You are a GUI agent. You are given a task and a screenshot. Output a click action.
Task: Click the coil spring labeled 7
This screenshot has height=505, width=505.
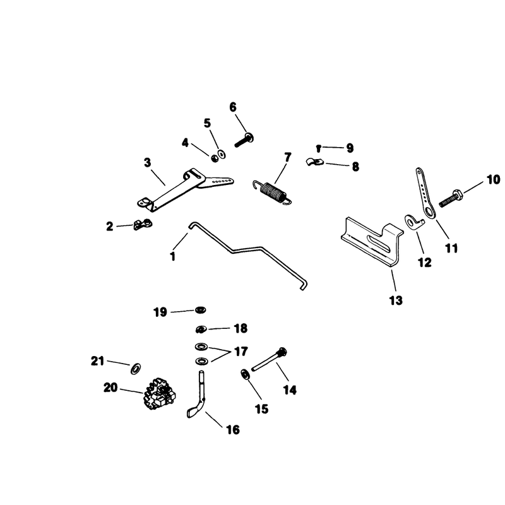point(273,192)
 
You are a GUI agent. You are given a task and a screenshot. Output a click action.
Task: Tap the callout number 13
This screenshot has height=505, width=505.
point(396,300)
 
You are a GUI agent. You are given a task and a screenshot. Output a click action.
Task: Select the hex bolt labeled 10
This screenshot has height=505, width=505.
point(451,198)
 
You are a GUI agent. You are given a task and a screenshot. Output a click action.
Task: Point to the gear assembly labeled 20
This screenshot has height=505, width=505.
point(158,393)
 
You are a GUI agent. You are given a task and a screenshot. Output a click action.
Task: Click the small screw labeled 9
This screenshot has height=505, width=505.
point(319,148)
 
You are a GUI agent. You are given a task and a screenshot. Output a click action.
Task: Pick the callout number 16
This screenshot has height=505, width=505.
point(233,430)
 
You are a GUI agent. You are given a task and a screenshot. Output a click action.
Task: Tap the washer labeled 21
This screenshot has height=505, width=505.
point(136,369)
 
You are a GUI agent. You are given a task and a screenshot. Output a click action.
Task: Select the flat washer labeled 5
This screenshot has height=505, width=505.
point(222,154)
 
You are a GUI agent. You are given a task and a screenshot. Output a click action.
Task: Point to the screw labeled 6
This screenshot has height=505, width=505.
point(244,140)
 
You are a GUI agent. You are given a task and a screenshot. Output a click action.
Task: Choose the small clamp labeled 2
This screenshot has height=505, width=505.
point(143,224)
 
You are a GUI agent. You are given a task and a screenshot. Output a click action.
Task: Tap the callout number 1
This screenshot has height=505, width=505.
point(172,257)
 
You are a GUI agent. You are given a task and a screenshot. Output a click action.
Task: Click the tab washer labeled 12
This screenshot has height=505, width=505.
point(415,223)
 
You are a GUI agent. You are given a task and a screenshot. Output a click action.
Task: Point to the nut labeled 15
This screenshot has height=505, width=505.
point(245,375)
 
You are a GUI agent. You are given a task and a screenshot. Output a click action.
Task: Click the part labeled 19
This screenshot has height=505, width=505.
point(200,310)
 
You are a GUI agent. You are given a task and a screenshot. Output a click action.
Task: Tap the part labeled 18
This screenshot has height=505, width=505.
point(201,330)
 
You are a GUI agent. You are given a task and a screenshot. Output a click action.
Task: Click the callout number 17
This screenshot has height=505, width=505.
point(241,352)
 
